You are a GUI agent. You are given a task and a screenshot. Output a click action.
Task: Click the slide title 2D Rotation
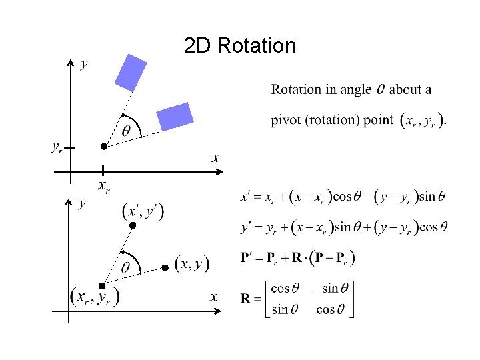[239, 46]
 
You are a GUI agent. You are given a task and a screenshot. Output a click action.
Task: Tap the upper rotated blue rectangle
[131, 72]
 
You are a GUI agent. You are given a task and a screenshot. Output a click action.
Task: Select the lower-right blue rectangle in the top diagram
[175, 115]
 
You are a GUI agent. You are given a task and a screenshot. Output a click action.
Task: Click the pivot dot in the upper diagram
[103, 146]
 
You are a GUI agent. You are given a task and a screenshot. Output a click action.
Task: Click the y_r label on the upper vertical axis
[57, 147]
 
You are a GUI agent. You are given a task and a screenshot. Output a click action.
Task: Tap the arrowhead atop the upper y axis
[71, 62]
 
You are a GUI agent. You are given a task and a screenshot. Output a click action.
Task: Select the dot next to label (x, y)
[165, 267]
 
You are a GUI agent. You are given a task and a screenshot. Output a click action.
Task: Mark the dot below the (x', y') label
[132, 226]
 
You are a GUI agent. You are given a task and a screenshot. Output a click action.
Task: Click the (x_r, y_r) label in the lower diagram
[95, 296]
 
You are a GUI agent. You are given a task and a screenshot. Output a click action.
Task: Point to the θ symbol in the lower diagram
[126, 267]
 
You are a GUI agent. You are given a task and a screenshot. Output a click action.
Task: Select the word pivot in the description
[287, 121]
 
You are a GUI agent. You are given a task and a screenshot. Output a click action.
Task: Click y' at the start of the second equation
[246, 227]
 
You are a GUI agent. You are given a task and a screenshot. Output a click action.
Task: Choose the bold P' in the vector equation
[247, 258]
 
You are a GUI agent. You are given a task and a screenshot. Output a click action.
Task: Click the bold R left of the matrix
[245, 299]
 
